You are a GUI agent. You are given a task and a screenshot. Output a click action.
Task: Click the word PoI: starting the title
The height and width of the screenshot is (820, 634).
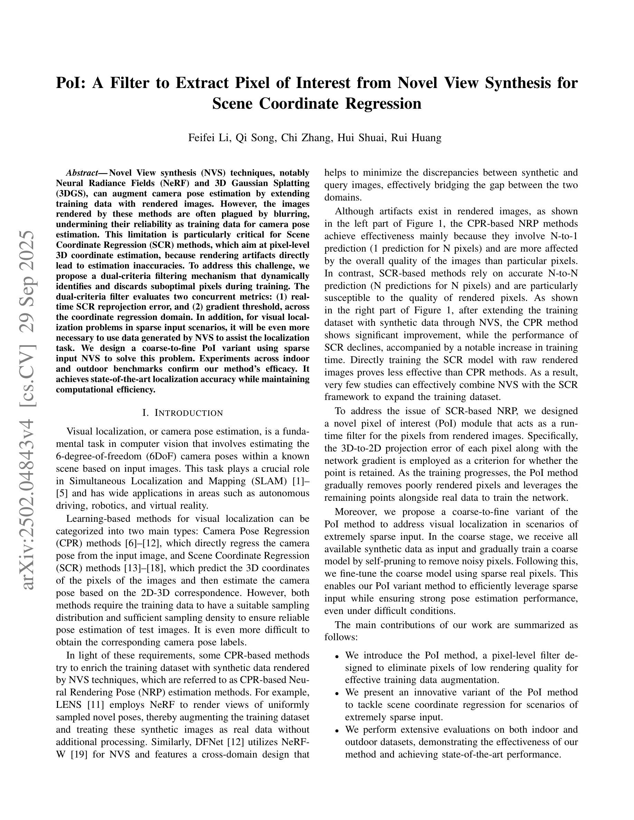[72, 83]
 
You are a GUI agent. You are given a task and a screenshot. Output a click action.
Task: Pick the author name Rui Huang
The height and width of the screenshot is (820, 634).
[416, 138]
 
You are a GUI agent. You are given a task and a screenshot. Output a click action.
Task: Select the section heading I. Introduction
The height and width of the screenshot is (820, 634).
[183, 413]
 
